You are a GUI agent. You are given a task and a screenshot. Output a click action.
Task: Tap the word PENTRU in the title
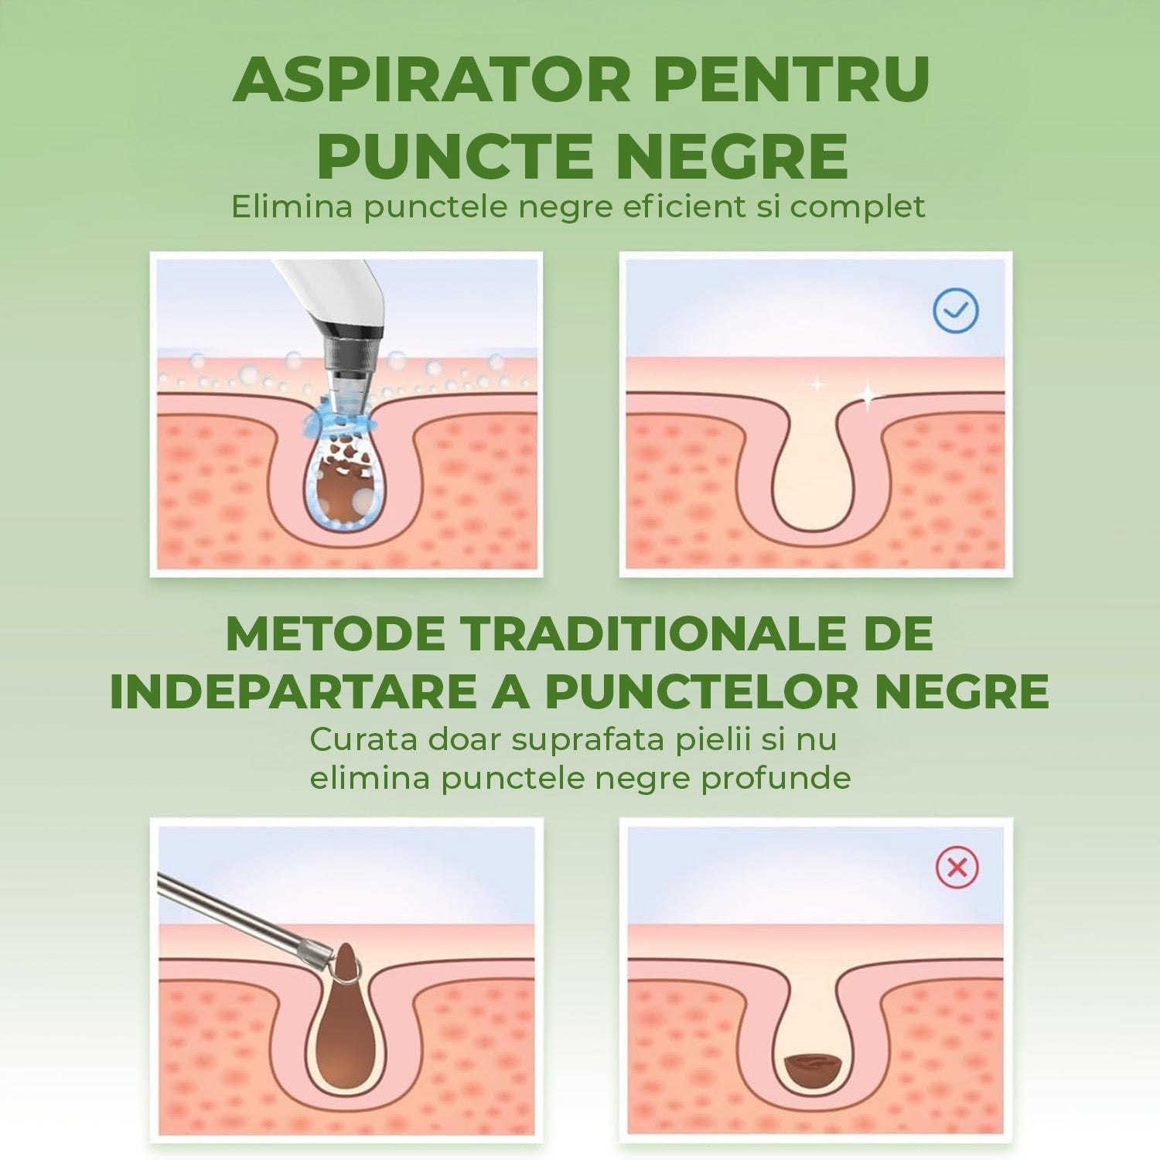792,80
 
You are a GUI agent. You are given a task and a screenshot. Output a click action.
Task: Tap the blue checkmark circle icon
956,311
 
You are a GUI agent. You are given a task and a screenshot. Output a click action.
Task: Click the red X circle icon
957,868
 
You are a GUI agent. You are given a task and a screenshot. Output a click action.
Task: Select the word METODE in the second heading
336,634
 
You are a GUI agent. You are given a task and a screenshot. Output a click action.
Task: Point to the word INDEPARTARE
293,691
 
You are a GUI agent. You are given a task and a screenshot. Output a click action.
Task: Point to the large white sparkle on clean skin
868,396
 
